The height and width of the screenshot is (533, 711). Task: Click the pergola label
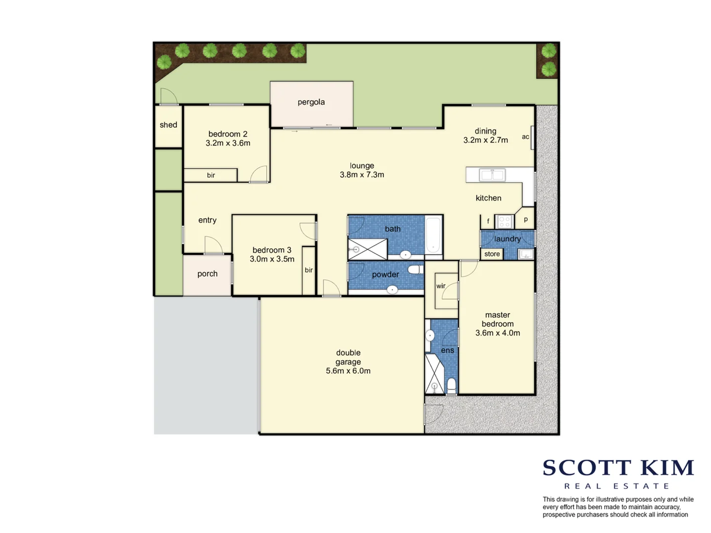(x=311, y=102)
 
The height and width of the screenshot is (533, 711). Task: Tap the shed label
(x=168, y=125)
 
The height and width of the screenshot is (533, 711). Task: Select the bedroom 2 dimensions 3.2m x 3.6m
(x=228, y=143)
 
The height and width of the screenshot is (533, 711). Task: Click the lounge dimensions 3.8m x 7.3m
(x=362, y=175)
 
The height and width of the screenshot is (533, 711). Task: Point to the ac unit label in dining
(x=525, y=137)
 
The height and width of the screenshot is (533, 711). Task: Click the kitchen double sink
(x=492, y=175)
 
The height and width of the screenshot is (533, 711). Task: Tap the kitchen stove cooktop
(x=504, y=222)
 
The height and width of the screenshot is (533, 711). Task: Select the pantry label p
(x=526, y=220)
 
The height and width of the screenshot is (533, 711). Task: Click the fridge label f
(x=488, y=221)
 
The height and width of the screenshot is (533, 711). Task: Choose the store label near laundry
(x=492, y=254)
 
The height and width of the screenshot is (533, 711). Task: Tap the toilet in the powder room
(x=415, y=269)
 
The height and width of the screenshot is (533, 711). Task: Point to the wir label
(x=441, y=286)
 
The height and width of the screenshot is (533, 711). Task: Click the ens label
(x=447, y=350)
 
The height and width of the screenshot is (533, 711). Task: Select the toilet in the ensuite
(x=451, y=384)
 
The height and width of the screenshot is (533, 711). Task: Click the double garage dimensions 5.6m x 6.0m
(x=348, y=371)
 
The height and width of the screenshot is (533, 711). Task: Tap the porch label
(x=207, y=274)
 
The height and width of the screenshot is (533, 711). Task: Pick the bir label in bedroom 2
(x=211, y=175)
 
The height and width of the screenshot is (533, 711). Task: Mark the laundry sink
(x=525, y=254)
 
